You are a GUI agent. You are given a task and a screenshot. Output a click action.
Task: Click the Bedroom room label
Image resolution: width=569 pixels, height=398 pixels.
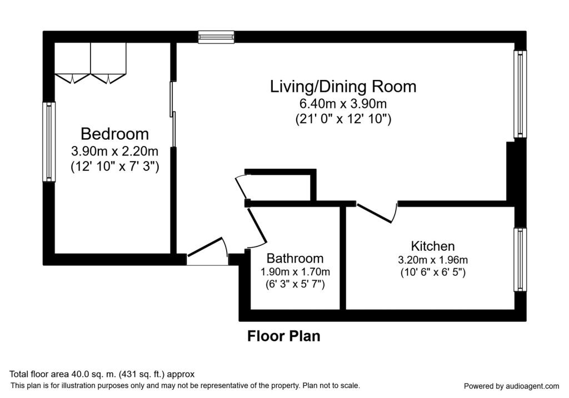pos(114,134)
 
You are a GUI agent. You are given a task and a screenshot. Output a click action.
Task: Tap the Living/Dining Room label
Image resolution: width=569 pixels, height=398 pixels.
pos(343,87)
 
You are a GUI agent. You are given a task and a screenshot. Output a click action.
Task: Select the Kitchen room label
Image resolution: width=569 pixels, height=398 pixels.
pos(432,246)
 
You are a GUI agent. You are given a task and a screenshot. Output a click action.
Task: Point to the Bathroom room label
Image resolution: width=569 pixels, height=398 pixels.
pos(295,258)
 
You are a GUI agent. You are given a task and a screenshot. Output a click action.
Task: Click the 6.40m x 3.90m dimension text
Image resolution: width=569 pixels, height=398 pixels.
pos(343,104)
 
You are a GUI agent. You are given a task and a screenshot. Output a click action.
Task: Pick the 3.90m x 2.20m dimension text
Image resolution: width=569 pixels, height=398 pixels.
pos(114,151)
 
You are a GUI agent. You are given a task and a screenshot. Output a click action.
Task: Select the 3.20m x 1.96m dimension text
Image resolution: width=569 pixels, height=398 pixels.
pos(432,260)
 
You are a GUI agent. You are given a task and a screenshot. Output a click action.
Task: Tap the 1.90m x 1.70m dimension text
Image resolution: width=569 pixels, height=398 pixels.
pos(295,271)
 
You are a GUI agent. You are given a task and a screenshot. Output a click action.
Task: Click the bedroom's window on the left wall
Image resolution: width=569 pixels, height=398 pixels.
pos(49,142)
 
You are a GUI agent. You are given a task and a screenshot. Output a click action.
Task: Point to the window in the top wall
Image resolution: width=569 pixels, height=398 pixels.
pos(216,37)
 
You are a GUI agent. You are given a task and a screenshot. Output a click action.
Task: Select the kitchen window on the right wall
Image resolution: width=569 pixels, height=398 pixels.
pos(520,259)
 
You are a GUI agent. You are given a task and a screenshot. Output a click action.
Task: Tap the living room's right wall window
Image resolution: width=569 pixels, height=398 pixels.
pos(520,94)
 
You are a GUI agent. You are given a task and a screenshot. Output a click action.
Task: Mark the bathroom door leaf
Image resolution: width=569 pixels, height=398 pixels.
pos(257,225)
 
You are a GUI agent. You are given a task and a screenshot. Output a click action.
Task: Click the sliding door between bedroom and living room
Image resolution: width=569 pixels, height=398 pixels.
pos(173,114)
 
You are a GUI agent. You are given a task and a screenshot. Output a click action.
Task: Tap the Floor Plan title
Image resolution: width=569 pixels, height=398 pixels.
pos(284,336)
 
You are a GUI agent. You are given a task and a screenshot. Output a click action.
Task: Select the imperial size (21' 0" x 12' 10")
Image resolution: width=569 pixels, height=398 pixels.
pos(343,119)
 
